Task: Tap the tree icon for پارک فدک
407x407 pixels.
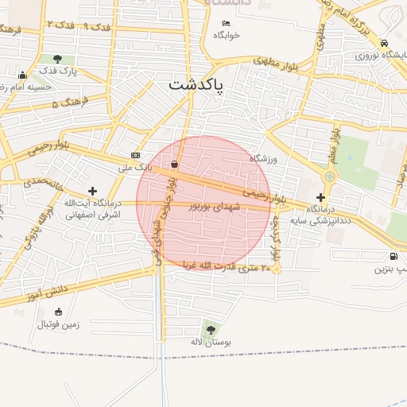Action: coord(57,59)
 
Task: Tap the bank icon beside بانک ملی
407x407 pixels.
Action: coord(135,155)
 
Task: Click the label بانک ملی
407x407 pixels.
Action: coord(134,168)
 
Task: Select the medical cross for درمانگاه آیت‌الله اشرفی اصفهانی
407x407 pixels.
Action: coord(93,191)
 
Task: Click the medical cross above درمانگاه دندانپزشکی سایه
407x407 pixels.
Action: coord(320,197)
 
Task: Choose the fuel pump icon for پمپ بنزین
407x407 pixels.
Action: coord(393,256)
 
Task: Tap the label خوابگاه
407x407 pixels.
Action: coord(227,35)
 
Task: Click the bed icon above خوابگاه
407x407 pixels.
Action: coord(227,23)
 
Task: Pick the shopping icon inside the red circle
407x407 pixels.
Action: coord(174,165)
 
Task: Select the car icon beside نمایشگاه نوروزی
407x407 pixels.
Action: coord(384,44)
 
